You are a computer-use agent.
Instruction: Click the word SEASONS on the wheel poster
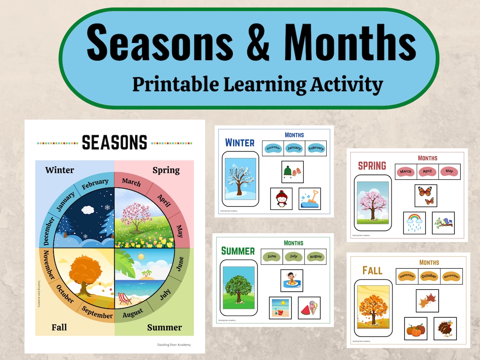pyautogui.click(x=115, y=142)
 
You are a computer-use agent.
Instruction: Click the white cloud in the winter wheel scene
pyautogui.click(x=88, y=209)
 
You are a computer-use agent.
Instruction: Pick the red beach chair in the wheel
pyautogui.click(x=125, y=299)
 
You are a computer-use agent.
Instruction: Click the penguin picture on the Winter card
pyautogui.click(x=281, y=198)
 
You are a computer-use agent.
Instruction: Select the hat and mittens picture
pyautogui.click(x=292, y=172)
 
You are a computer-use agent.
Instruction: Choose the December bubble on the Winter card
pyautogui.click(x=273, y=148)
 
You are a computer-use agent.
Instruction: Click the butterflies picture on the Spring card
pyautogui.click(x=425, y=195)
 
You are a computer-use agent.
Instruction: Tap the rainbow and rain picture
pyautogui.click(x=414, y=223)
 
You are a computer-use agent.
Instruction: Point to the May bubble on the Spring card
pyautogui.click(x=449, y=171)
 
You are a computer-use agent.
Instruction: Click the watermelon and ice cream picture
pyautogui.click(x=309, y=308)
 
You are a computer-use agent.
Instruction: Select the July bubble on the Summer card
pyautogui.click(x=293, y=256)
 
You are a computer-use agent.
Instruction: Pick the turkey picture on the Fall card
pyautogui.click(x=445, y=328)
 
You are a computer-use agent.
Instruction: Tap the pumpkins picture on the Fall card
pyautogui.click(x=416, y=328)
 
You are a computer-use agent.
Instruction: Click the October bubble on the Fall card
pyautogui.click(x=429, y=276)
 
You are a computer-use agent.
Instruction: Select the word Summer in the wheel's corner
pyautogui.click(x=164, y=327)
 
